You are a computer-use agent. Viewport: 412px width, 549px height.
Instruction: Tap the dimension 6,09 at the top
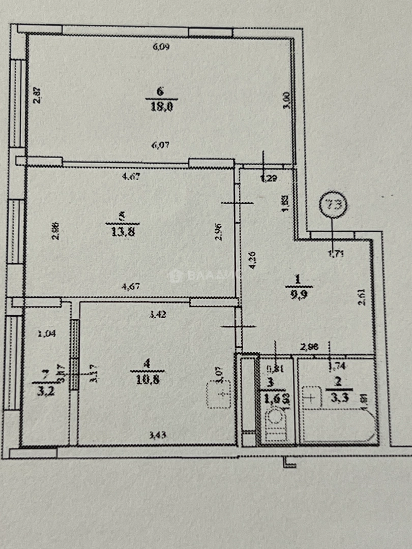(161, 47)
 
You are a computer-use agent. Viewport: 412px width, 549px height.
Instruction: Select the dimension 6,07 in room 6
(160, 145)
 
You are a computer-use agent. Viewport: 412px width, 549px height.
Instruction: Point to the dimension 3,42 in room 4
(157, 314)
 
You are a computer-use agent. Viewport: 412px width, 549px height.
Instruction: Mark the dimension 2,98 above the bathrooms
(309, 347)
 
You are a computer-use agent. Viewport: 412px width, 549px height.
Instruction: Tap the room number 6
(160, 91)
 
